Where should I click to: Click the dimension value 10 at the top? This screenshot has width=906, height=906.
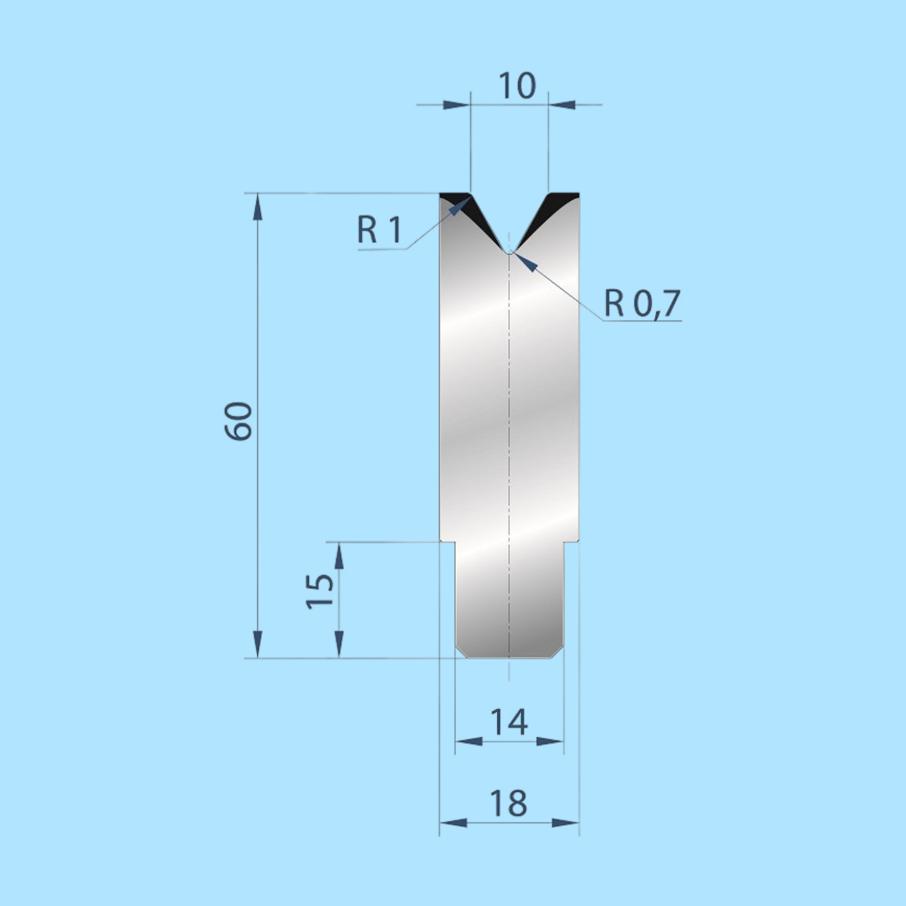[x=516, y=86]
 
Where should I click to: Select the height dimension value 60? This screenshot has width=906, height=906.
[x=239, y=421]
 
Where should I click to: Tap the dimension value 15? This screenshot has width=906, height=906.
[x=319, y=590]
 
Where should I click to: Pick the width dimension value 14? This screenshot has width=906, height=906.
[x=509, y=722]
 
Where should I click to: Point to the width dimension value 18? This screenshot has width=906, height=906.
[x=509, y=803]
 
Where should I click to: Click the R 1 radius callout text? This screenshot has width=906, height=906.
[x=379, y=230]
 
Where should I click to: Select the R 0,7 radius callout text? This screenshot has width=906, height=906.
[x=642, y=303]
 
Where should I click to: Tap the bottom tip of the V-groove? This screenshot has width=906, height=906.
[x=509, y=252]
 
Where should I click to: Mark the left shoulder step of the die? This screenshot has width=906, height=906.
[x=448, y=542]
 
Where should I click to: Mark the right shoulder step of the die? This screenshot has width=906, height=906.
[x=571, y=542]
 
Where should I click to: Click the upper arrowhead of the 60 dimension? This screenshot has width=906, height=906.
[x=257, y=206]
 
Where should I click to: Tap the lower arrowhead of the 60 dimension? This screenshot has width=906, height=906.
[x=257, y=645]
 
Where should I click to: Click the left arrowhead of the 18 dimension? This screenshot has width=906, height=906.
[x=453, y=822]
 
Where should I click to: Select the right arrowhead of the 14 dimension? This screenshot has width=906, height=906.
[x=550, y=741]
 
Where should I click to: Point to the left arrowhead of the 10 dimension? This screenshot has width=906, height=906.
[x=457, y=105]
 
